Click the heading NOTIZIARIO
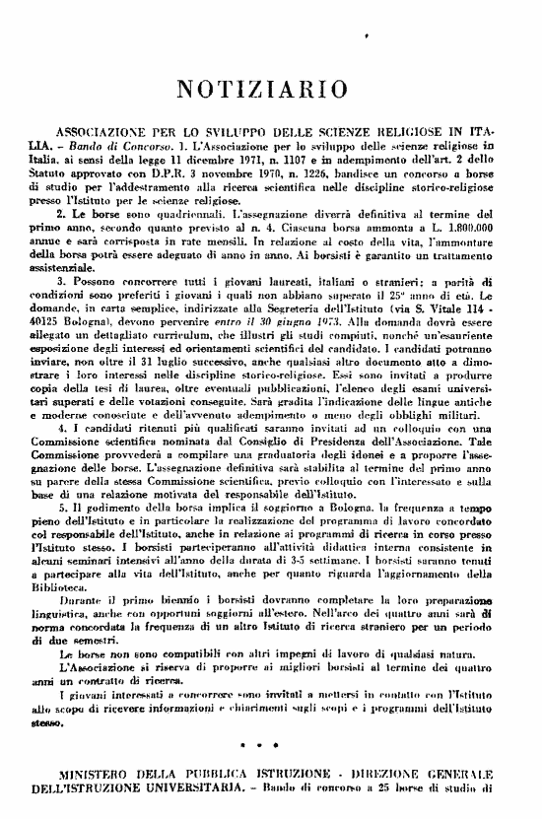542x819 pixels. point(269,90)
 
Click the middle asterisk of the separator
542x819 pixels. point(269,765)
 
